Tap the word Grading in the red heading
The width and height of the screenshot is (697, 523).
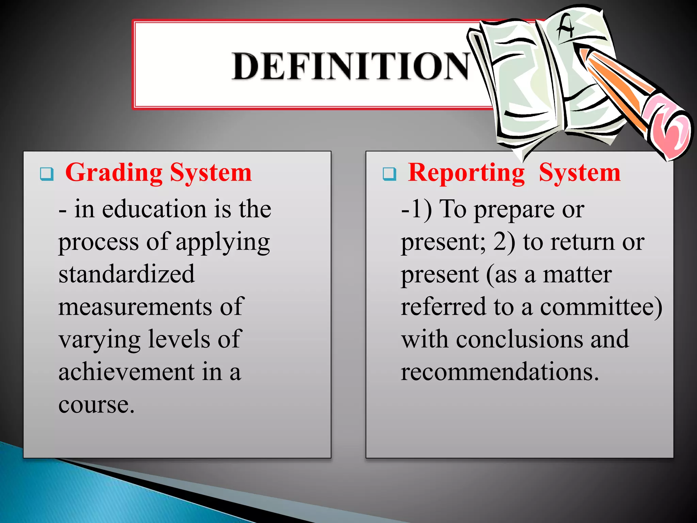click(114, 173)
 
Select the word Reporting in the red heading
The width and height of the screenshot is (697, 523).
click(466, 173)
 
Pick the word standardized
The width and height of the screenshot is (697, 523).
click(127, 274)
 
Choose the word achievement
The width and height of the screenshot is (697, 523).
click(126, 371)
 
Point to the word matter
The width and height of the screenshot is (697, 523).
click(577, 274)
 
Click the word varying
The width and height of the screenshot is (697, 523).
click(99, 340)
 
